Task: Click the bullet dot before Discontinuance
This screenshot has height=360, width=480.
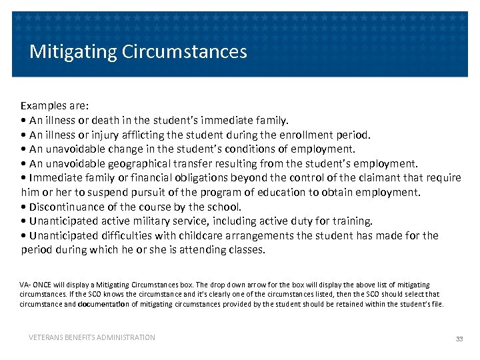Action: (x=24, y=207)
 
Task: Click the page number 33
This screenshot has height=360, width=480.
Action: (x=459, y=339)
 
